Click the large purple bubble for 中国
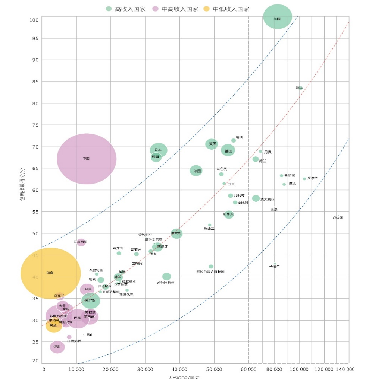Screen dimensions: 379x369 coord(87,159)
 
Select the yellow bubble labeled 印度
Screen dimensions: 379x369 coord(50,273)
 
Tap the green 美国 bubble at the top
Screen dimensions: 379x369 coord(277,17)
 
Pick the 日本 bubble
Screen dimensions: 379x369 coord(159,150)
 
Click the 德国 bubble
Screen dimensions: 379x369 coord(228,151)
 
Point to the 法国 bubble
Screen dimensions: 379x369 coord(196,171)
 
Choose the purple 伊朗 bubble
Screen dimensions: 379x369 coord(57,347)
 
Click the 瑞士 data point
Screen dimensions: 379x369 coord(300,88)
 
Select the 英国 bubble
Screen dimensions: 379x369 coord(212,144)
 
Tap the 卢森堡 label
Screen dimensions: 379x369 coord(337,218)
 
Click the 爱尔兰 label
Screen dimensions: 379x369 coord(313,179)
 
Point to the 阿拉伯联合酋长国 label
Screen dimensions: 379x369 coord(210,272)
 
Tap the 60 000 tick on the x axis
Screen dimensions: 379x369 coord(248,369)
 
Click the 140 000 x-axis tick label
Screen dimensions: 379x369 coord(345,369)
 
